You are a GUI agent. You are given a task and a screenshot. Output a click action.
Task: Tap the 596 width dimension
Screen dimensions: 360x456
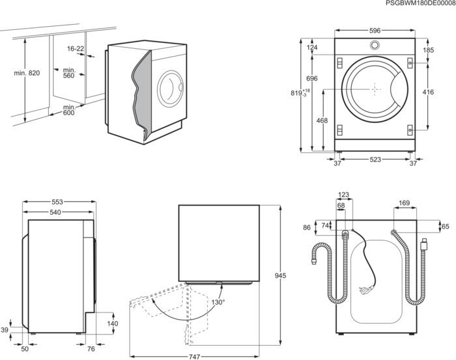(x=375, y=30)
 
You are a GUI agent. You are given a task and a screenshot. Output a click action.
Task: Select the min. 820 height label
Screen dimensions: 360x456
(x=27, y=73)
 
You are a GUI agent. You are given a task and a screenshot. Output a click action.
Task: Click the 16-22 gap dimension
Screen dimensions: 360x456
(x=76, y=49)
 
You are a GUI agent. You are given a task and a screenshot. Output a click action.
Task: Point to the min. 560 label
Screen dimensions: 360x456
(x=68, y=72)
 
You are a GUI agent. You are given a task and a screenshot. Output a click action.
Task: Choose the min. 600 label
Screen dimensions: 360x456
(x=68, y=110)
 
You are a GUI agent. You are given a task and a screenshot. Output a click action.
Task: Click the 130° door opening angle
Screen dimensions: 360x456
(x=217, y=302)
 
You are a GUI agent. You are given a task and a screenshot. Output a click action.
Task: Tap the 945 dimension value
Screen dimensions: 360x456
(x=281, y=277)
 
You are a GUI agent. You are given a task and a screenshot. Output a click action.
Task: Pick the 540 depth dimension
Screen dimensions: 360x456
(x=55, y=212)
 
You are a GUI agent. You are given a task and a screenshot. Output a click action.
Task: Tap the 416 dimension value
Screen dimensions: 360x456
(x=427, y=92)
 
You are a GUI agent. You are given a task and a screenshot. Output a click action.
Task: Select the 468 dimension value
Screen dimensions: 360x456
(x=322, y=121)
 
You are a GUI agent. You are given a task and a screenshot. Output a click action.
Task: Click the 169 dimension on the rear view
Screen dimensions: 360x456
(x=404, y=204)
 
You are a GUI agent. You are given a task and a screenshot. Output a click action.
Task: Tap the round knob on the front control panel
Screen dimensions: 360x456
(x=375, y=46)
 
